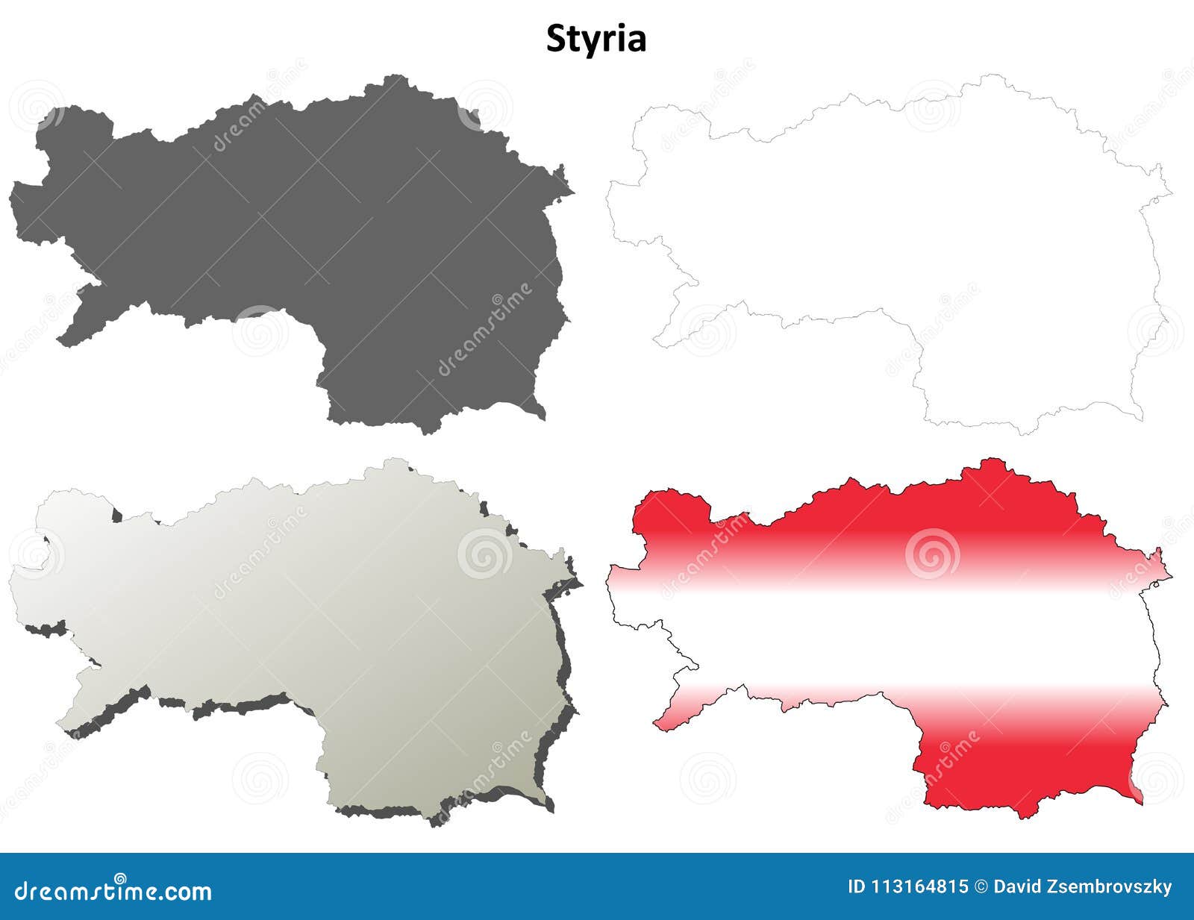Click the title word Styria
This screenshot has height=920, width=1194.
pos(596,39)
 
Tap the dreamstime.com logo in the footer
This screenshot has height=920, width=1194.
pos(113,890)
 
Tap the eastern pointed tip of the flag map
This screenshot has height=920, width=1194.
pos(1169,576)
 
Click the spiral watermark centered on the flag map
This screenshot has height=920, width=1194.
pos(932,554)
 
